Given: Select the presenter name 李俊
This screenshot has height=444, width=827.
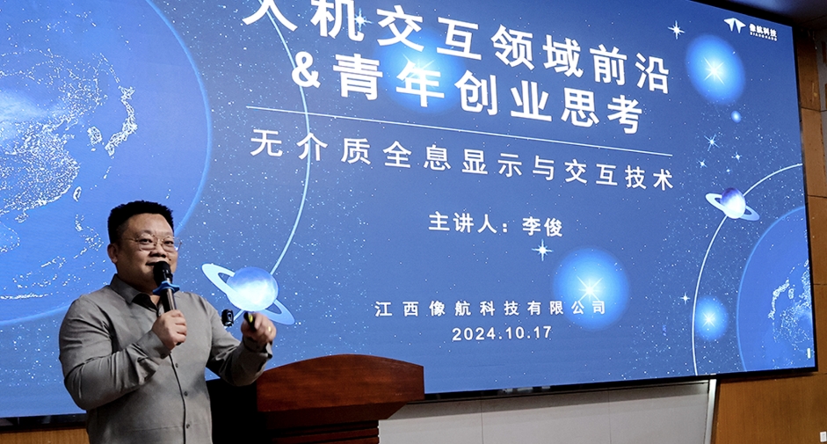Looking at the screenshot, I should pos(542,225).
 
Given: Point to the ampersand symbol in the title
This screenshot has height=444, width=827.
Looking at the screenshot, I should pos(305,72).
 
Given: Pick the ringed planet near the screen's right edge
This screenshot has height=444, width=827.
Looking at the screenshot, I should pos(732,204).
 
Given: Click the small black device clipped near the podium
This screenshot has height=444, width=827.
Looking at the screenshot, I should pos(228,318).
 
